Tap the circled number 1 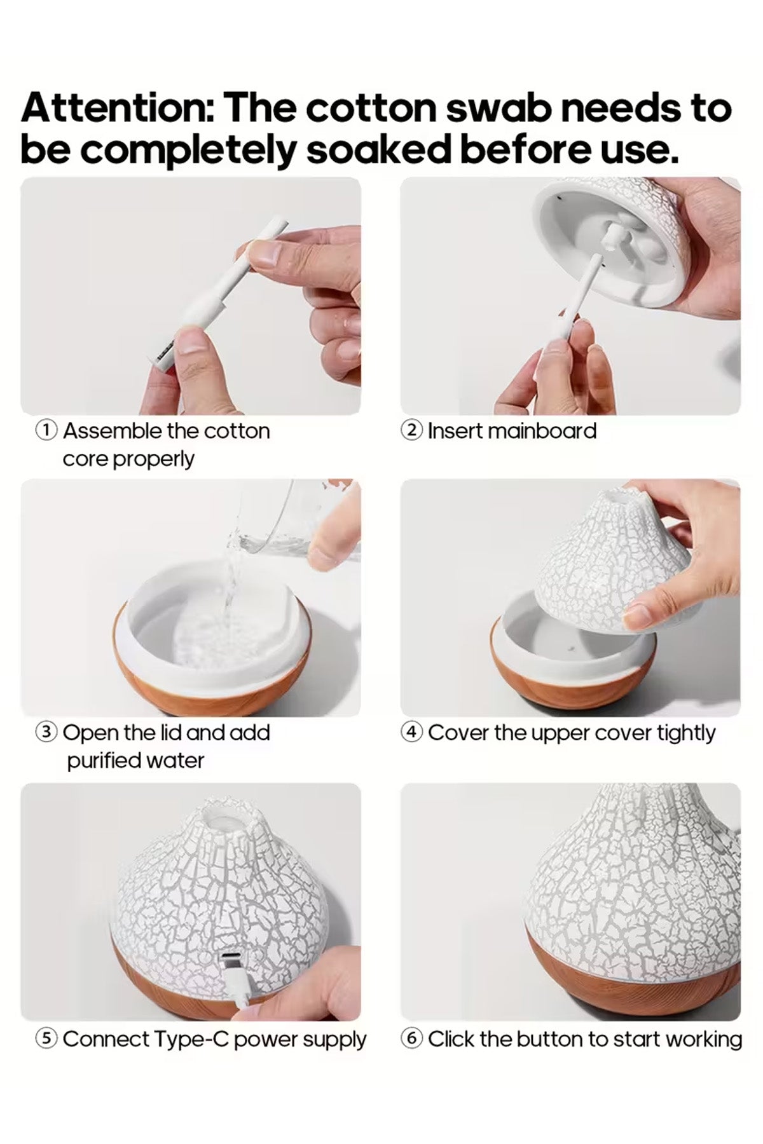tap(46, 430)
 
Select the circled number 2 tap(411, 430)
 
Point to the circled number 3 tap(46, 733)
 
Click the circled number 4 tap(411, 733)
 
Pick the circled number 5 tap(46, 1039)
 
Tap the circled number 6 tap(411, 1039)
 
